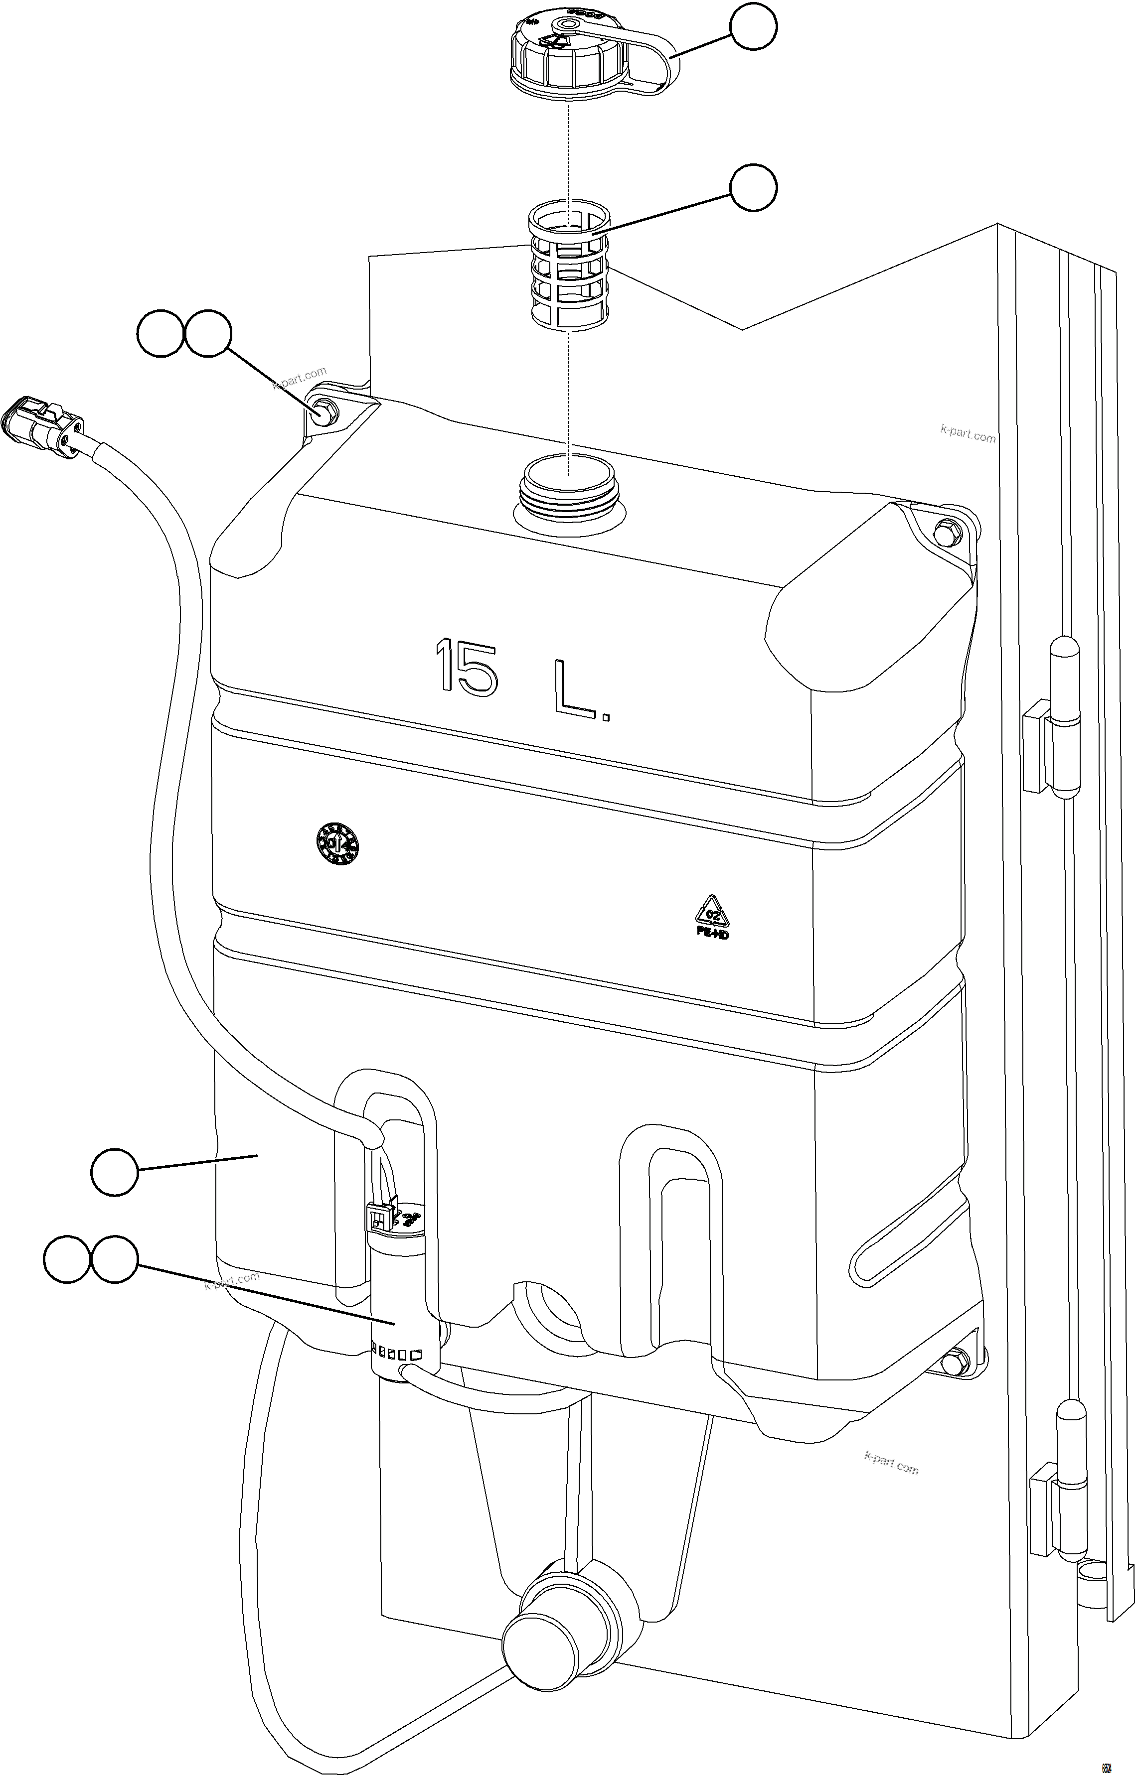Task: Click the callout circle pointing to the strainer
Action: tap(753, 188)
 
